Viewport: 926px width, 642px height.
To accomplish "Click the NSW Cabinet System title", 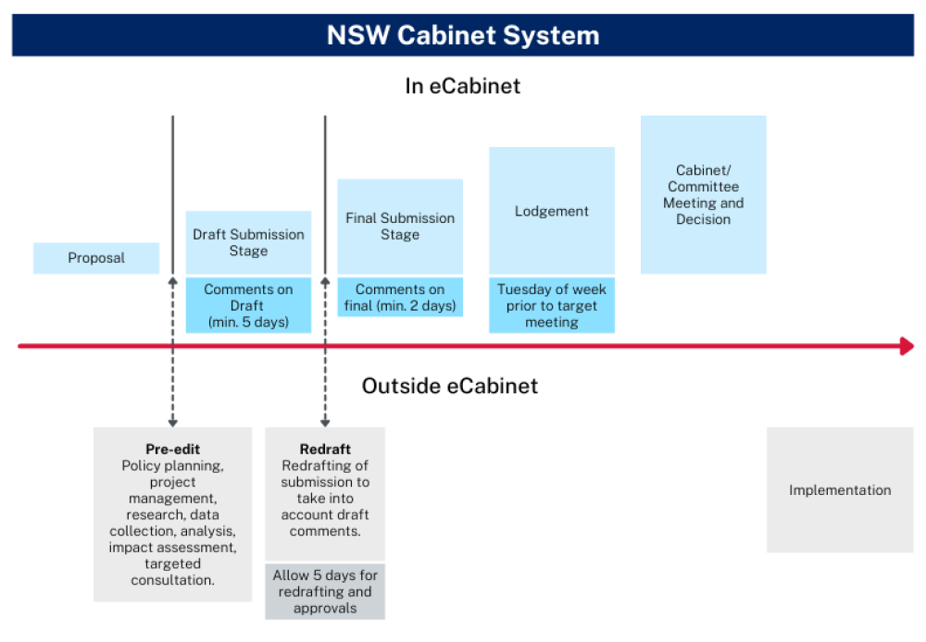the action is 463,35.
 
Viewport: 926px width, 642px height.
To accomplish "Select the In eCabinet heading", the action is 462,86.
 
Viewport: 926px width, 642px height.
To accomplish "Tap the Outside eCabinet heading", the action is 449,386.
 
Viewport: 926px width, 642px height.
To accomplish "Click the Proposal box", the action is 96,258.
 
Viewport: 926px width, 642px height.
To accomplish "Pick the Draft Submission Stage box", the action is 248,242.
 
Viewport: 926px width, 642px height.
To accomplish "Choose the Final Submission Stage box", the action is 400,227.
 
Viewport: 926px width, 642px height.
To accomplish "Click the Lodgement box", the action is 552,211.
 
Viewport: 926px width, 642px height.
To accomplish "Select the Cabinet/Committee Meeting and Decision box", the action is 704,194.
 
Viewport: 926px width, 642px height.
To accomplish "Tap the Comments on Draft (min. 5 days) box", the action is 248,305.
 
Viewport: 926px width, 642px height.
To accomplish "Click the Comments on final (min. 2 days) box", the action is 400,297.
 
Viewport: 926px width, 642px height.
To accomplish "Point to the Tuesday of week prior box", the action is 552,305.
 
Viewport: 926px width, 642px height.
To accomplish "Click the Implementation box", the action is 840,489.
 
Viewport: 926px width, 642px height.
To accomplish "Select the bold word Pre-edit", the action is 172,449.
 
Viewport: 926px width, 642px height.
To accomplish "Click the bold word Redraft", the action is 325,449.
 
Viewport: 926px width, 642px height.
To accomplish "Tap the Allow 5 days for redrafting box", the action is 325,591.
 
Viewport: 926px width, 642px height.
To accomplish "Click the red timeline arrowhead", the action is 907,346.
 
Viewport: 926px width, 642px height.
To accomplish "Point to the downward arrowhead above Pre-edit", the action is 172,423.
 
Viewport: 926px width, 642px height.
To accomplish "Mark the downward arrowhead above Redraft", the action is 325,423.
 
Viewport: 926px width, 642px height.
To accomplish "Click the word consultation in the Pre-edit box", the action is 172,580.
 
